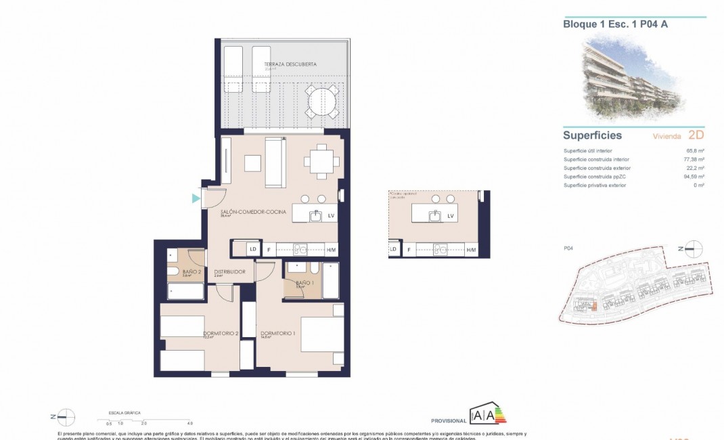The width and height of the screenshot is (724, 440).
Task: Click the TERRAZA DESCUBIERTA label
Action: (x=290, y=65)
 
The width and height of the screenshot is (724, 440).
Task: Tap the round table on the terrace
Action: (x=317, y=102)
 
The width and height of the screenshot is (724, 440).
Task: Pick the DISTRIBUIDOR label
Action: (x=229, y=272)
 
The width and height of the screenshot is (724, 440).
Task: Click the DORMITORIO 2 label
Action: (x=222, y=333)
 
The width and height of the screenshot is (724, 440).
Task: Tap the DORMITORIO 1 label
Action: (x=278, y=333)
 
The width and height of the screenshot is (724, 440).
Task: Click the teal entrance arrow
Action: (x=196, y=198)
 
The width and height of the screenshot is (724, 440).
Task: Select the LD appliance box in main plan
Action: (x=252, y=249)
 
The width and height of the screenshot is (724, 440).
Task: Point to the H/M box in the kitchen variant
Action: (x=471, y=250)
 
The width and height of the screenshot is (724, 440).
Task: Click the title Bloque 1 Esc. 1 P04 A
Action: (x=606, y=24)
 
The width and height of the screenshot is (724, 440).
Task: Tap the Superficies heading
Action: (x=592, y=135)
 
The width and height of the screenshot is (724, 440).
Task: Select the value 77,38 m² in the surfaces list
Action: (x=694, y=160)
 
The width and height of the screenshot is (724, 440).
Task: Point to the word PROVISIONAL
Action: (x=449, y=420)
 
